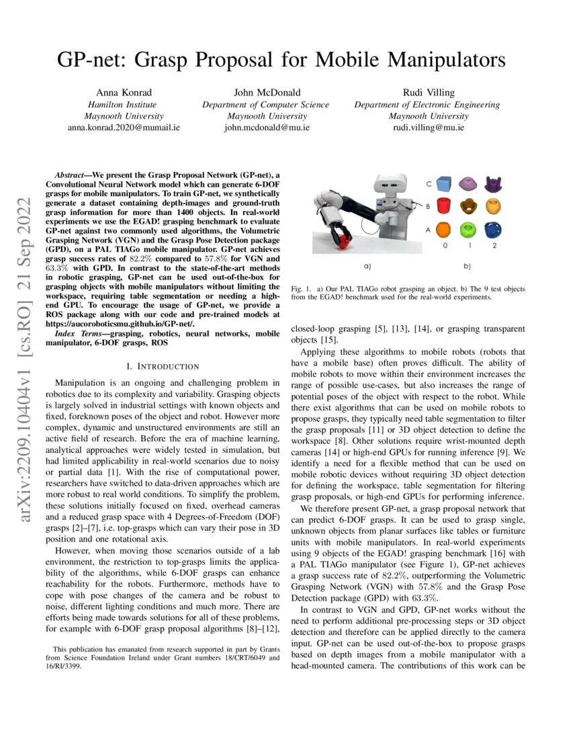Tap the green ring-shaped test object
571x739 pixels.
pos(468,230)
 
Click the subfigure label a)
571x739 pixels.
pos(367,265)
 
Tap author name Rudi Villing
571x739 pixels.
pos(427,93)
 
